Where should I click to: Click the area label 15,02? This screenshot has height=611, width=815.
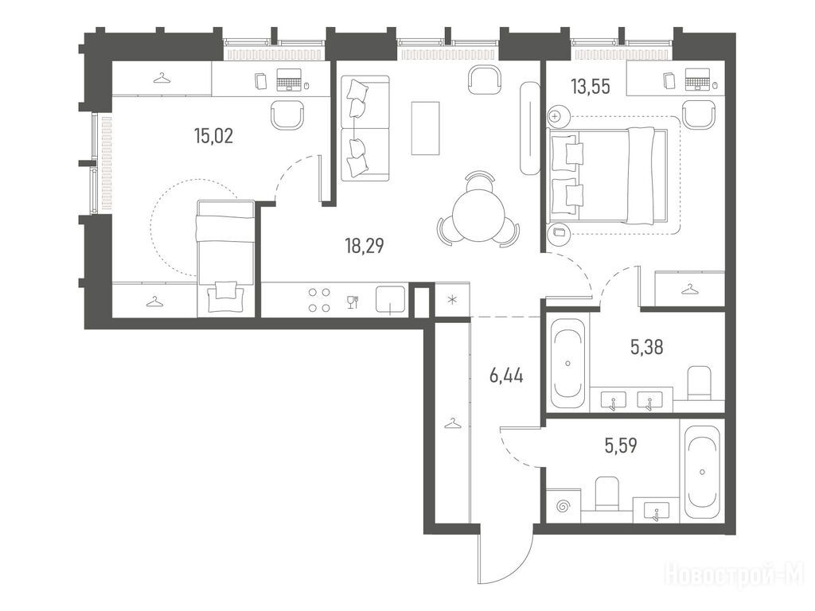click(213, 136)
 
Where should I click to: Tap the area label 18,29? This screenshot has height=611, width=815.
click(365, 245)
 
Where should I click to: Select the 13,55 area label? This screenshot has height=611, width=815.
click(591, 87)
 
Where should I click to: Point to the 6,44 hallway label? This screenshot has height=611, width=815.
click(505, 375)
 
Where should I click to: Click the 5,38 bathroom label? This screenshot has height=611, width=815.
click(646, 347)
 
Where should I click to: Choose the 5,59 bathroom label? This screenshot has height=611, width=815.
click(621, 446)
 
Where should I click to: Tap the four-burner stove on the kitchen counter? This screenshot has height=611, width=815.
click(319, 300)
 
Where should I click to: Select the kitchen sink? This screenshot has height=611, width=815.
click(390, 300)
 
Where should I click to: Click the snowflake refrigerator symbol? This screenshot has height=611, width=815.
click(452, 300)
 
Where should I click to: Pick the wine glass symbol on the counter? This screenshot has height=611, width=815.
click(353, 302)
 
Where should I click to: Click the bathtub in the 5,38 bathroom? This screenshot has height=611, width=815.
click(568, 364)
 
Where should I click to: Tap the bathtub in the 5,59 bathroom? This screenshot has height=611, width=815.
click(703, 473)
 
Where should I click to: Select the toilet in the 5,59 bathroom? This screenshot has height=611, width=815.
click(607, 492)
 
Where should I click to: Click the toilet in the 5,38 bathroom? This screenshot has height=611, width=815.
click(699, 383)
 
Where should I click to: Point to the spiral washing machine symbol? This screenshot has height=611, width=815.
click(563, 505)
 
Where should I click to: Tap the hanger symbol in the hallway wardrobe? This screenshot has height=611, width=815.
click(452, 423)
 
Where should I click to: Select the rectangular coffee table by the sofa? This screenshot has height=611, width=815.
click(426, 128)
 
